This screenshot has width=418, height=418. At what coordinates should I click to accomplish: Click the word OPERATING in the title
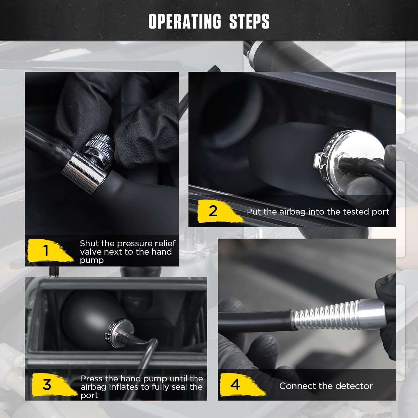click(185, 21)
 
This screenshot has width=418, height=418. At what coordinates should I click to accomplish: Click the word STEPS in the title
click(249, 21)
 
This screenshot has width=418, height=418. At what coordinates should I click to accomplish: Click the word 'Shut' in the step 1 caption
click(90, 243)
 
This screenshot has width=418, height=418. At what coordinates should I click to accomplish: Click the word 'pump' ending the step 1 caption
click(92, 261)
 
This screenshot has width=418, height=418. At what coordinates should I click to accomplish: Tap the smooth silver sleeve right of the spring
click(372, 311)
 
